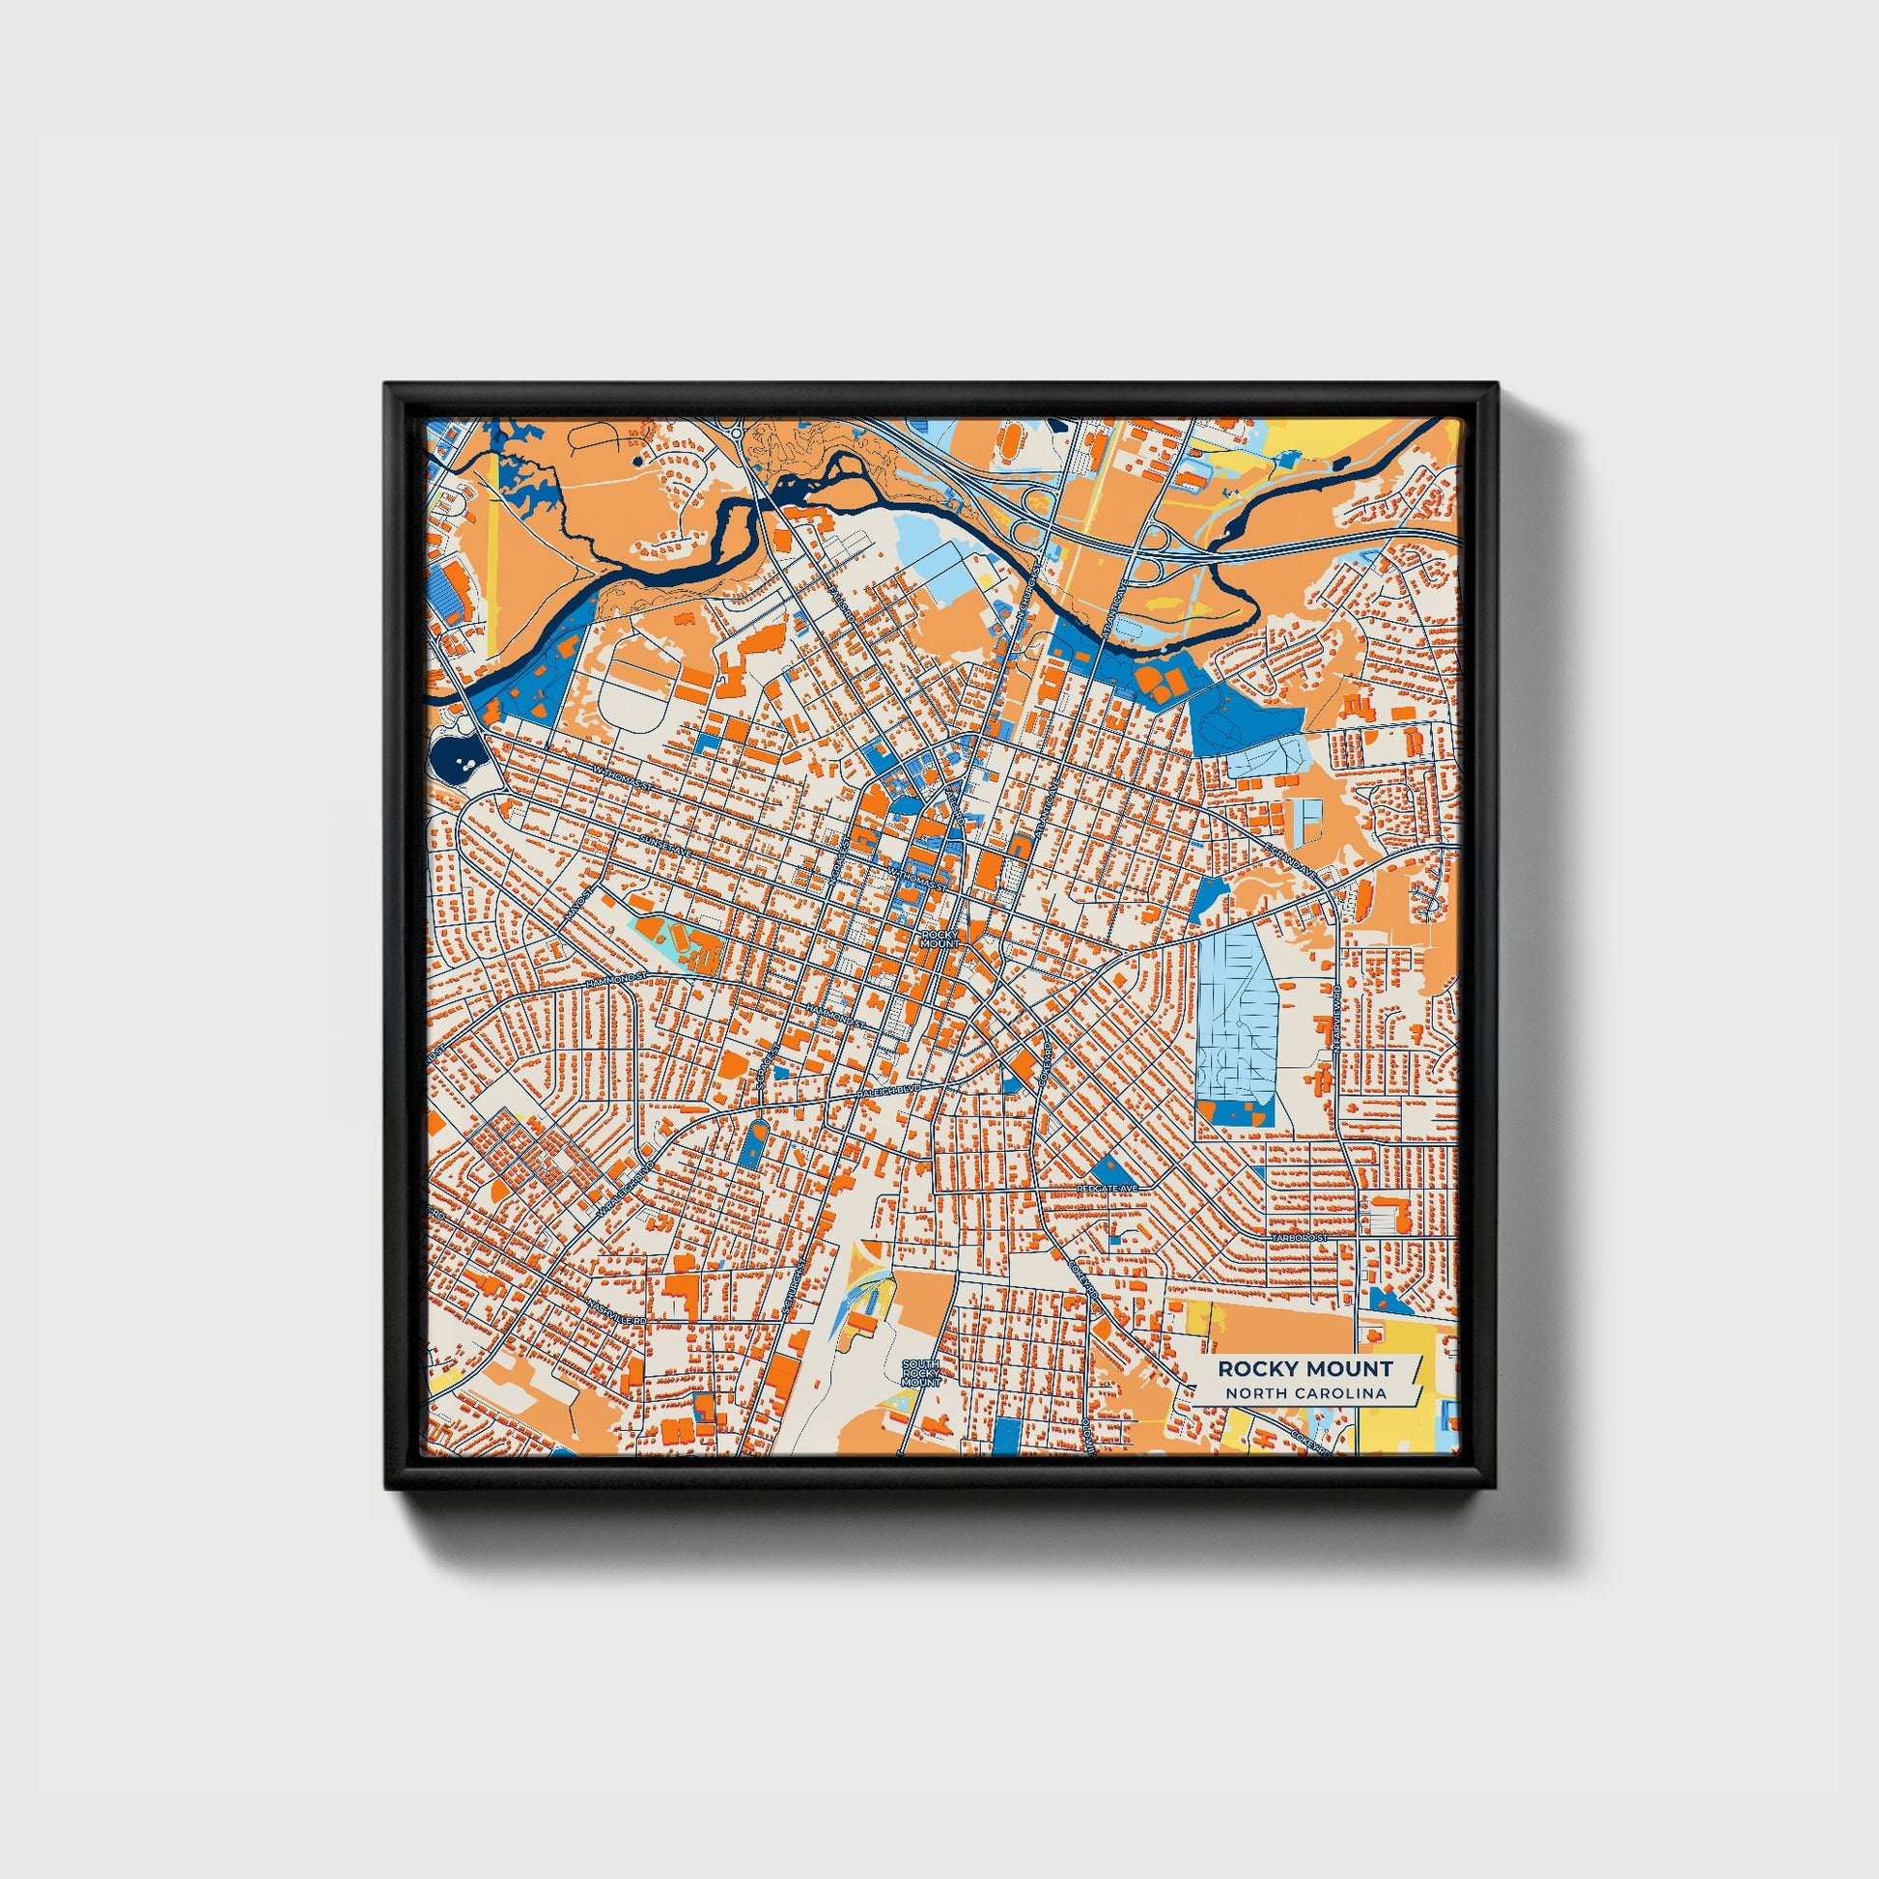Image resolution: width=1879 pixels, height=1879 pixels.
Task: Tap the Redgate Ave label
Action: tap(1107, 1189)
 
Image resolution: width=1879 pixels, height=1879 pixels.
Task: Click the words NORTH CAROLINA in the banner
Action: tap(1306, 1393)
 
